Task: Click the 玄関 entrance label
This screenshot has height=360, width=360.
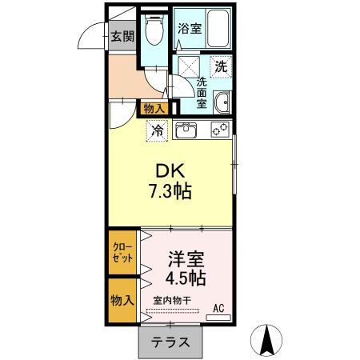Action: coord(122,36)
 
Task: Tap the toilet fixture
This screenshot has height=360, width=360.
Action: coord(154,30)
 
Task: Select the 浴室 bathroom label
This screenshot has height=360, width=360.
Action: coord(190,29)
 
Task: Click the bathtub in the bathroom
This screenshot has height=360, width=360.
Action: coord(218,29)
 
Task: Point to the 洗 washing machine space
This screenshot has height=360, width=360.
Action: coord(221,67)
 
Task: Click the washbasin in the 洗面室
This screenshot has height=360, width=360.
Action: coord(221,102)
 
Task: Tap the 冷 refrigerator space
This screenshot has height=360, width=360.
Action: coord(157,131)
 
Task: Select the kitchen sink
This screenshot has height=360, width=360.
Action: coord(186,130)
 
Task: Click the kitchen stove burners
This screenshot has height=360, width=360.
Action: coord(220,130)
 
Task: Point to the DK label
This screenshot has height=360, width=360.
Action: coord(170,171)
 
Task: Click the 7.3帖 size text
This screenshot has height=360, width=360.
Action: coord(170,191)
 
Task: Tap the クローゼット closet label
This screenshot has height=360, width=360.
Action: coord(122,252)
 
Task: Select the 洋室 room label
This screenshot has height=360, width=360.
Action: coord(186,259)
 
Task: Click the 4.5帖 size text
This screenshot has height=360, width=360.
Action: coord(186,278)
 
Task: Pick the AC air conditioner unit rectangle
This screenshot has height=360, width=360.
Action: coord(218,318)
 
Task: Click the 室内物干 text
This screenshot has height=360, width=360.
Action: coord(172,301)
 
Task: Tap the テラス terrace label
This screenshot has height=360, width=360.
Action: coord(170,342)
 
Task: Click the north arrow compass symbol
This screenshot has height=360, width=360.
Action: coord(266,340)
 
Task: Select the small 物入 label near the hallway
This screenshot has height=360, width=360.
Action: coord(154,109)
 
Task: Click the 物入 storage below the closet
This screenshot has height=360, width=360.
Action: coord(122,301)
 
